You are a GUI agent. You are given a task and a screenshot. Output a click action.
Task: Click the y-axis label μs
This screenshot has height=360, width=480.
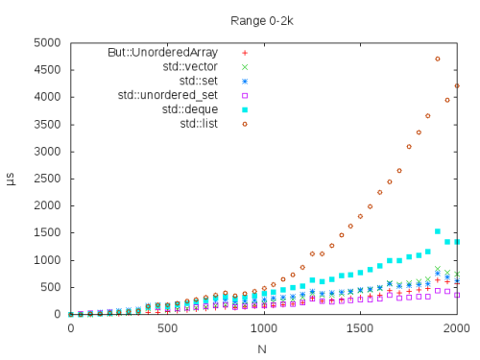tap(12, 179)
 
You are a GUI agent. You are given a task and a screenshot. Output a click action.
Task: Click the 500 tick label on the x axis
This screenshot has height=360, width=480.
tap(167, 329)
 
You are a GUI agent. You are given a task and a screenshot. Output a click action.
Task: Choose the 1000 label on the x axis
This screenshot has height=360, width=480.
tap(263, 329)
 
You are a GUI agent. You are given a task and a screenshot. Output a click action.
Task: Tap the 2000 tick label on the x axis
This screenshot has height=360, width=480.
tap(457, 329)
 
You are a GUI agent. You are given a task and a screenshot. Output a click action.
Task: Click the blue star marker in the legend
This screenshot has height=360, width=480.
tap(245, 81)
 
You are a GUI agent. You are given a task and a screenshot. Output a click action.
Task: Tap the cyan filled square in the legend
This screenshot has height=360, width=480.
tap(245, 109)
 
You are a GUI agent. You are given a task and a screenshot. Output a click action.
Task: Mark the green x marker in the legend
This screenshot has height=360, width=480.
tap(245, 66)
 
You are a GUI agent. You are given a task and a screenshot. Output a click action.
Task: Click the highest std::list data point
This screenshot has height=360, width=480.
tap(438, 59)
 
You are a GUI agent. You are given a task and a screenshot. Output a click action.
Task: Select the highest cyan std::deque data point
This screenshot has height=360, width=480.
tap(438, 231)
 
